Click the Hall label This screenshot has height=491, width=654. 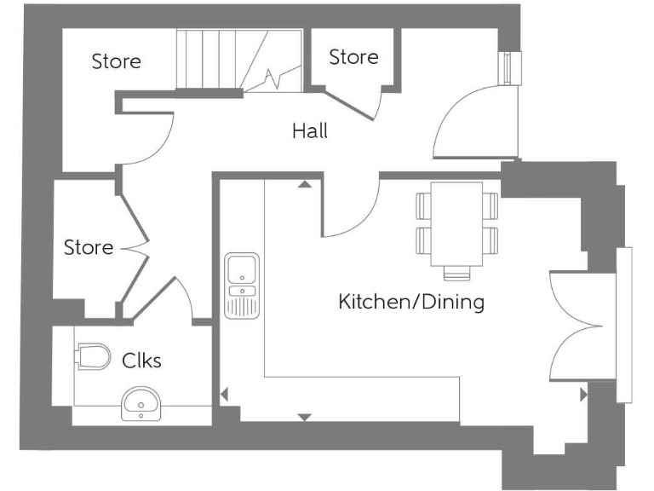point(309,131)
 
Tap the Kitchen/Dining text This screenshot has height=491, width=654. point(411,301)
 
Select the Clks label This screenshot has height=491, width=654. point(141,361)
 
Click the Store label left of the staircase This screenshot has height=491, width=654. point(117,61)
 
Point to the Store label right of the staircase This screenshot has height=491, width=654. point(353,57)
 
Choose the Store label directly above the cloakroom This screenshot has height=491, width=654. point(89,247)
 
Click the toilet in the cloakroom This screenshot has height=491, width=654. point(93,356)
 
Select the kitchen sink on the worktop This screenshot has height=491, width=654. point(241,285)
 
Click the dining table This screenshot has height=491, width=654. point(456,223)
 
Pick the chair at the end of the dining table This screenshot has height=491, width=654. point(456,274)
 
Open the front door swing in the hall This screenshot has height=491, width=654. point(468,124)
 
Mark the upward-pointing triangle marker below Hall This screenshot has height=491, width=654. point(304,184)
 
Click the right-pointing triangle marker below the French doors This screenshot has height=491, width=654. point(583,395)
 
